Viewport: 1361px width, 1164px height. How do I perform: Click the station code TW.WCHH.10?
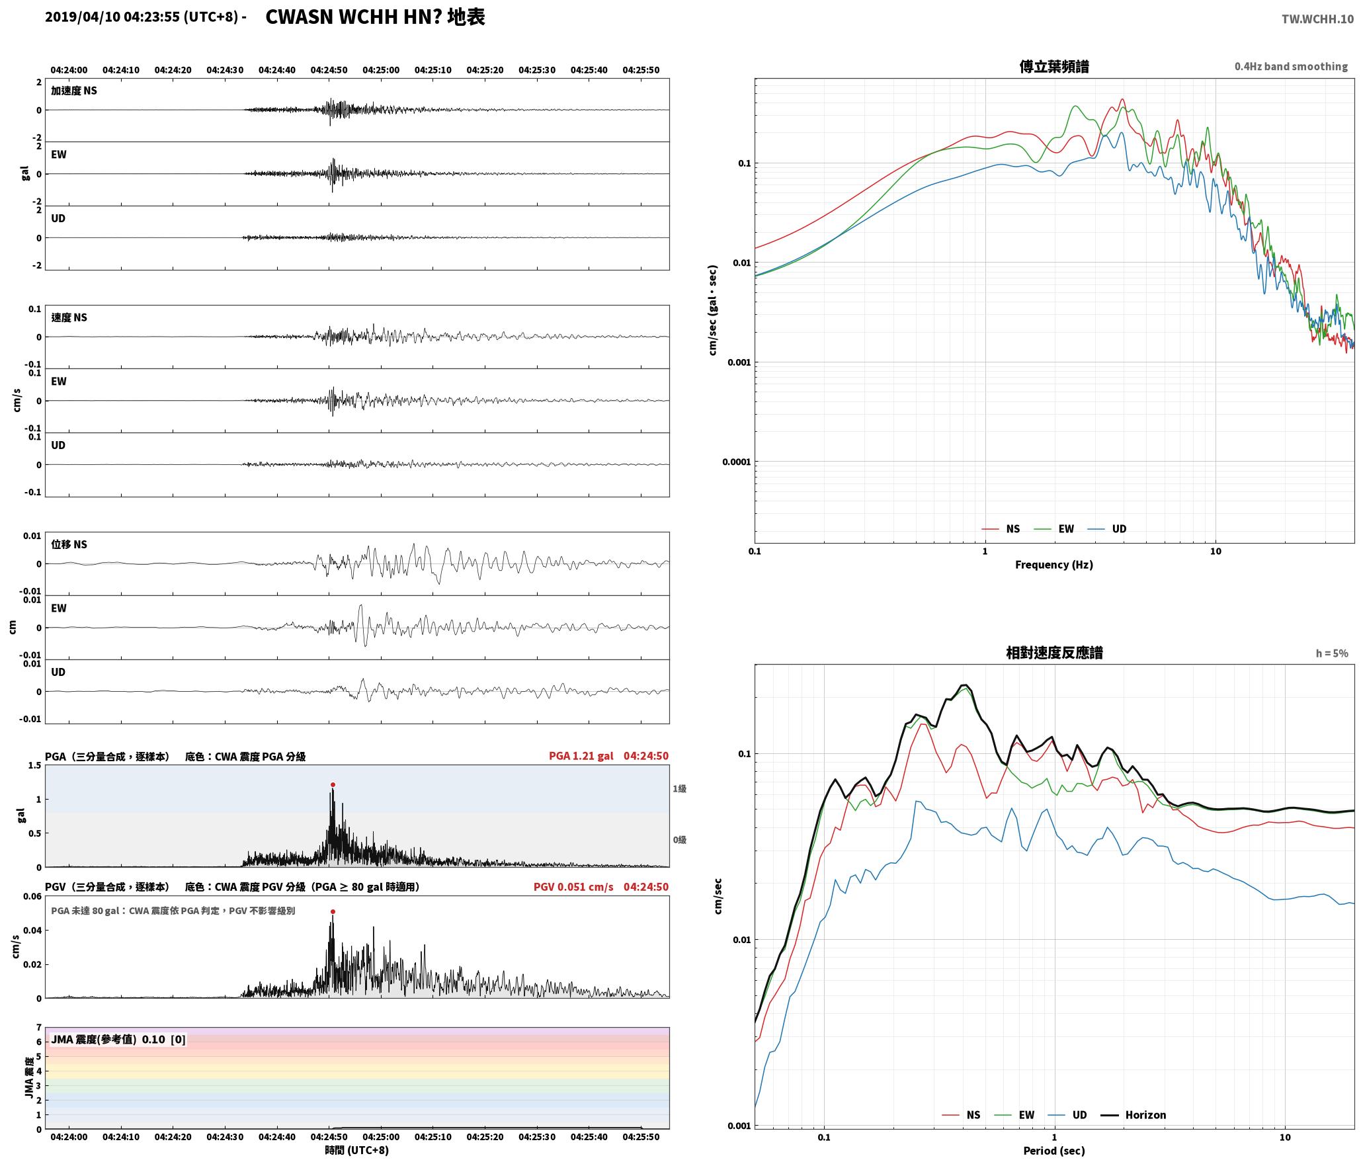click(1317, 19)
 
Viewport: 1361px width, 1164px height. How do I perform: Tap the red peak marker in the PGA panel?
click(333, 785)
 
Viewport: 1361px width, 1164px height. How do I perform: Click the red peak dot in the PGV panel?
click(333, 912)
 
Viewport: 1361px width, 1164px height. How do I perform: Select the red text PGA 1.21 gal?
click(581, 756)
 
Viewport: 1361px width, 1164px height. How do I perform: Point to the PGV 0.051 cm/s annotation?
click(573, 887)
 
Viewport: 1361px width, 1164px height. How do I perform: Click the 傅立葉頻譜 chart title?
click(1054, 67)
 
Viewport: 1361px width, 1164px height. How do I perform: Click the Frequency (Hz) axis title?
click(1054, 565)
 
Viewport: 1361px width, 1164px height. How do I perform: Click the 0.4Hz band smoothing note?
click(1291, 67)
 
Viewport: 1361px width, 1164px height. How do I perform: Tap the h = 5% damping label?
click(1332, 653)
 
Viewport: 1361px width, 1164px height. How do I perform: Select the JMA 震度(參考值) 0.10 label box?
click(118, 1040)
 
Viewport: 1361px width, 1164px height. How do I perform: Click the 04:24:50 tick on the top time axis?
click(329, 70)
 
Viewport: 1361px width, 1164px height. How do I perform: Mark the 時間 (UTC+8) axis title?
click(357, 1151)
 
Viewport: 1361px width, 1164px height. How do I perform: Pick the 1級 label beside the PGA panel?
click(680, 789)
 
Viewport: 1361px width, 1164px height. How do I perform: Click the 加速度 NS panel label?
click(74, 91)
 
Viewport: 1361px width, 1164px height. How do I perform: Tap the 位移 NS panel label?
click(69, 544)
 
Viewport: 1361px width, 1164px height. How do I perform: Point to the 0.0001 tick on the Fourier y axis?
click(736, 462)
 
